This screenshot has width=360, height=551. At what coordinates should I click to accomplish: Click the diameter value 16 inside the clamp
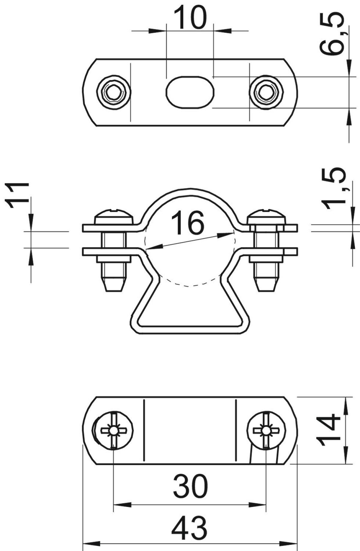click(x=187, y=223)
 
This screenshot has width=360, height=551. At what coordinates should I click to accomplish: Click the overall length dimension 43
click(x=189, y=528)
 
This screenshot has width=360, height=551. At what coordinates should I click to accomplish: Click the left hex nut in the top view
click(x=114, y=92)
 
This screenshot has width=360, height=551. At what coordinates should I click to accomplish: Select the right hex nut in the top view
click(x=265, y=92)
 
